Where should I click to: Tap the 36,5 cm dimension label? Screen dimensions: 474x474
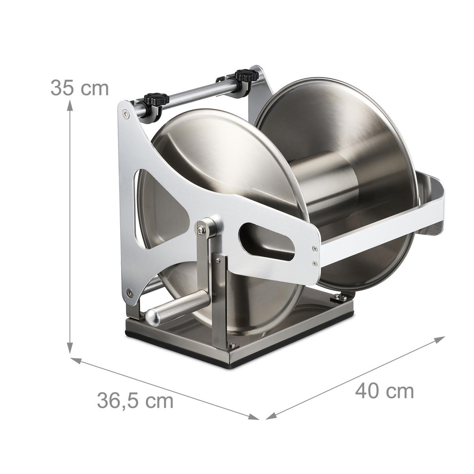(x=135, y=401)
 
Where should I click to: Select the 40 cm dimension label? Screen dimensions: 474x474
(x=384, y=391)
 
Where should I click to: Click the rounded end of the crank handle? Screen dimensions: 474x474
(x=153, y=317)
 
